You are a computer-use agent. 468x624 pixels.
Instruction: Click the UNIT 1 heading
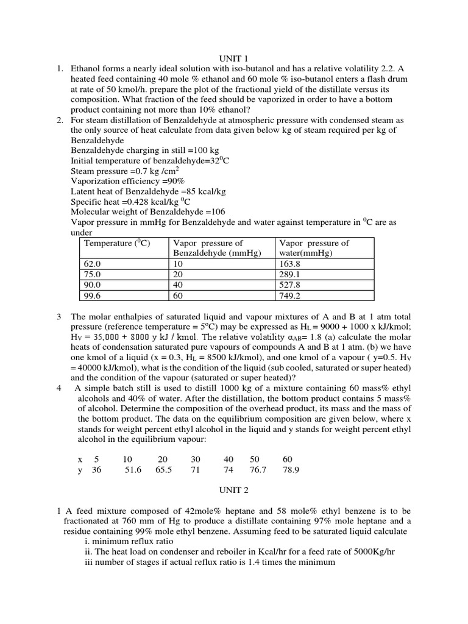coord(233,58)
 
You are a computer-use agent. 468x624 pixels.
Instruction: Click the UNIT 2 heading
coord(233,489)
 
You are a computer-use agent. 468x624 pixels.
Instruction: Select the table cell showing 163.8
coord(289,264)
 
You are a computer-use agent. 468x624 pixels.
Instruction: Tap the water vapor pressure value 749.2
coord(289,296)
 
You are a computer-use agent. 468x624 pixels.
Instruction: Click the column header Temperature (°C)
coord(116,243)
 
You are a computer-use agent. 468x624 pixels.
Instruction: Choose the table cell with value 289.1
coord(289,274)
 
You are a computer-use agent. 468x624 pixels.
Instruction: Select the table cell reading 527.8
coord(289,285)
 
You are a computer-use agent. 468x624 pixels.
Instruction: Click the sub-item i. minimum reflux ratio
coord(129,541)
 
